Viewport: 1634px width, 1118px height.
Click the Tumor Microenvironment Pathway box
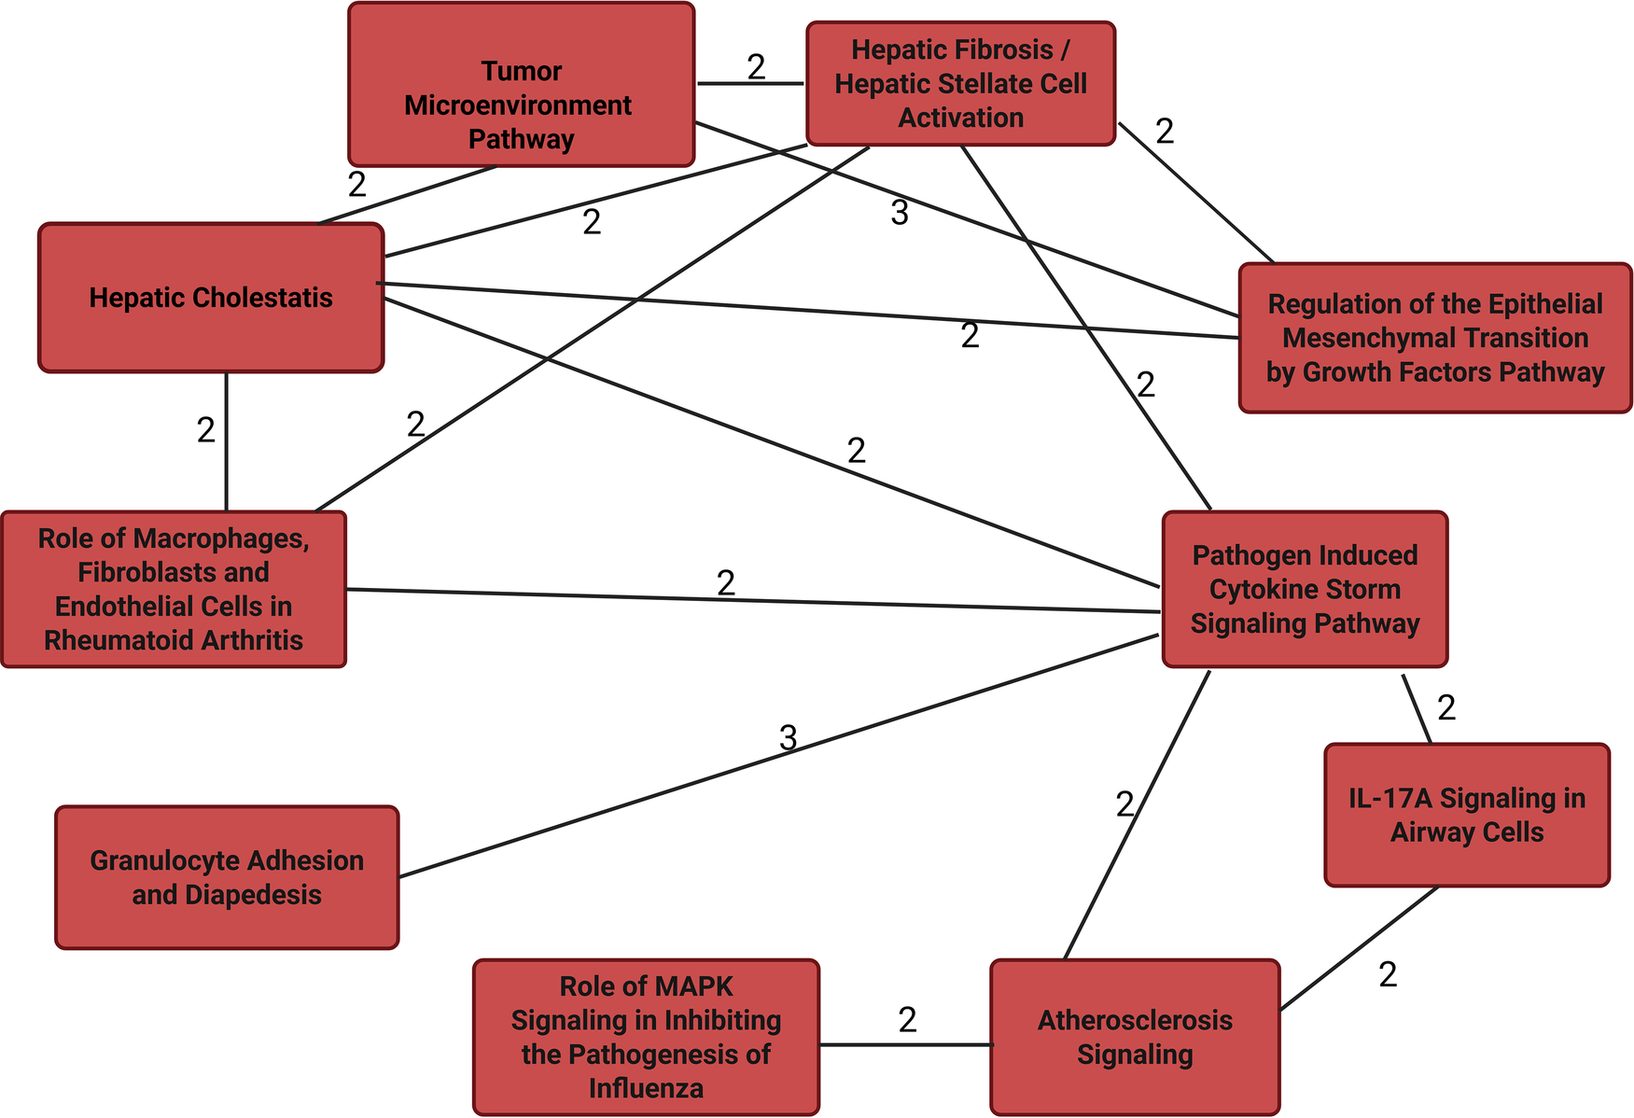pyautogui.click(x=521, y=85)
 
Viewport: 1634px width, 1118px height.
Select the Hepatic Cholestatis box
pyautogui.click(x=211, y=298)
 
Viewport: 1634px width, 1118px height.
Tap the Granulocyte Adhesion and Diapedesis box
pyautogui.click(x=227, y=877)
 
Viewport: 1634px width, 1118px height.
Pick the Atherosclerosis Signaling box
pyautogui.click(x=1135, y=1037)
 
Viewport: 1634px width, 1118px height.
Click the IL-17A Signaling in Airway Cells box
pyautogui.click(x=1467, y=815)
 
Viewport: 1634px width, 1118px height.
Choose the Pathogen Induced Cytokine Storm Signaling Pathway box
pyautogui.click(x=1305, y=589)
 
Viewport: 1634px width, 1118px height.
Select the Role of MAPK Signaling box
pyautogui.click(x=646, y=1037)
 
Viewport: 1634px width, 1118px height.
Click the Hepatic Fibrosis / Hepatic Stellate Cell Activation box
pyautogui.click(x=960, y=84)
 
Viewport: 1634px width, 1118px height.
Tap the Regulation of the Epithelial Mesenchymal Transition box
pyautogui.click(x=1434, y=338)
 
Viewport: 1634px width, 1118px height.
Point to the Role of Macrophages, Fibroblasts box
pyautogui.click(x=174, y=589)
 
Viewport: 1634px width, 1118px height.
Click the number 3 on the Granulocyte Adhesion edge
pyautogui.click(x=789, y=738)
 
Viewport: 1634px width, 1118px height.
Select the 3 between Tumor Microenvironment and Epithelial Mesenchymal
pyautogui.click(x=900, y=214)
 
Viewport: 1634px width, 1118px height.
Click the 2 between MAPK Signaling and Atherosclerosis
pyautogui.click(x=908, y=1020)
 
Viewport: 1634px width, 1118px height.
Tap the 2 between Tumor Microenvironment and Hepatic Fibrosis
pyautogui.click(x=757, y=67)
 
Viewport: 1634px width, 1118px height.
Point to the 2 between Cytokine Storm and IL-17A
pyautogui.click(x=1446, y=708)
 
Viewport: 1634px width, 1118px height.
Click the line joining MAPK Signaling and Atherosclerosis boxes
pyautogui.click(x=905, y=1044)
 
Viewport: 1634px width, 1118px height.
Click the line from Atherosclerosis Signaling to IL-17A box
pyautogui.click(x=1359, y=948)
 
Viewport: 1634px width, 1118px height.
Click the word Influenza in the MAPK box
pyautogui.click(x=646, y=1088)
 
